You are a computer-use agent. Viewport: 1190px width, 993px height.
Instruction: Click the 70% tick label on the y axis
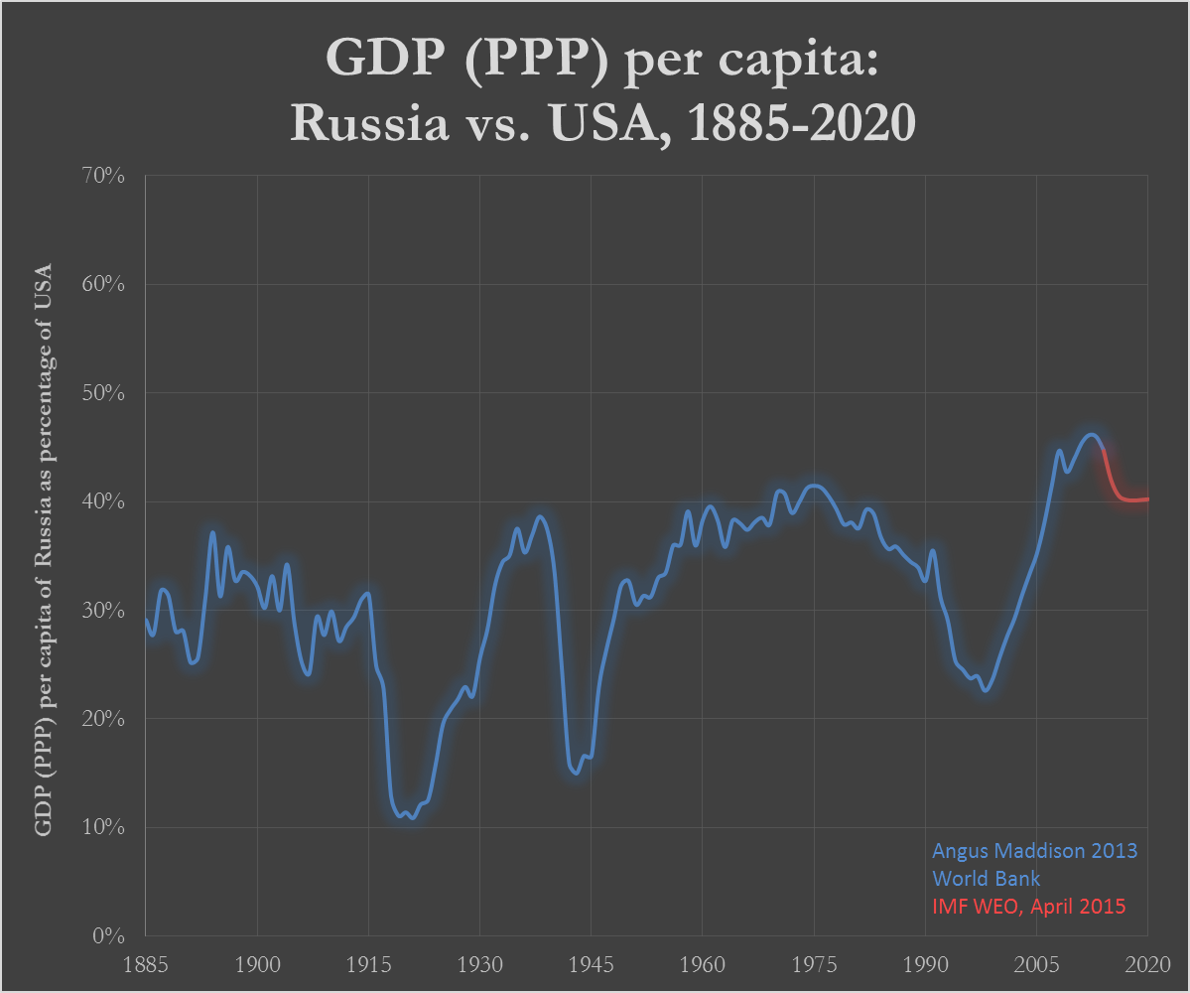click(103, 176)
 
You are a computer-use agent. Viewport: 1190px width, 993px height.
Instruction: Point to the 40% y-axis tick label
click(103, 501)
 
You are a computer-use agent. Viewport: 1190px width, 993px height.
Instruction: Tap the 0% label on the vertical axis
click(108, 935)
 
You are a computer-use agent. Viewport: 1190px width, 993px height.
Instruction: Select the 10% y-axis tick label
click(103, 827)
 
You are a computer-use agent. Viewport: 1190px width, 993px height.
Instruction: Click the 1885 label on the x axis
click(146, 964)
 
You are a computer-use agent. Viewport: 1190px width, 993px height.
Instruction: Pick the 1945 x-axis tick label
click(592, 964)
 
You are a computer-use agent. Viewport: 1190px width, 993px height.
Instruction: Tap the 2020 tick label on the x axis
click(1147, 964)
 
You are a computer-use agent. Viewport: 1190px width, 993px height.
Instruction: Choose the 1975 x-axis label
click(814, 964)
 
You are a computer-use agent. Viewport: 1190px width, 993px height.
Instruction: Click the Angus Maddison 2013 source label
click(1034, 850)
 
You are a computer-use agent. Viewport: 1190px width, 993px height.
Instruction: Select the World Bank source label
click(986, 879)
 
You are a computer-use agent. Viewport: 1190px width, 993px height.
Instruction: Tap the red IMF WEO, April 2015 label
click(1029, 907)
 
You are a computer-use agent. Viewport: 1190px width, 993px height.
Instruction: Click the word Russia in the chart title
click(369, 122)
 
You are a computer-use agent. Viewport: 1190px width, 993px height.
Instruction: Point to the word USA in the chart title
click(602, 122)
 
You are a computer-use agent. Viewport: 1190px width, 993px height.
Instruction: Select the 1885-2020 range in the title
click(801, 122)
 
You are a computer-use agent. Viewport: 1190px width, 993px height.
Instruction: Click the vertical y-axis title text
click(44, 550)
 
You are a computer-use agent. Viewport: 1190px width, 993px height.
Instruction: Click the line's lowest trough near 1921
click(412, 817)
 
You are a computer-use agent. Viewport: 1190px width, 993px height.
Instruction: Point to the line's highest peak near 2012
click(1092, 435)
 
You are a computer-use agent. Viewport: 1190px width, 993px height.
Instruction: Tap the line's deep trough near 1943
click(576, 773)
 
